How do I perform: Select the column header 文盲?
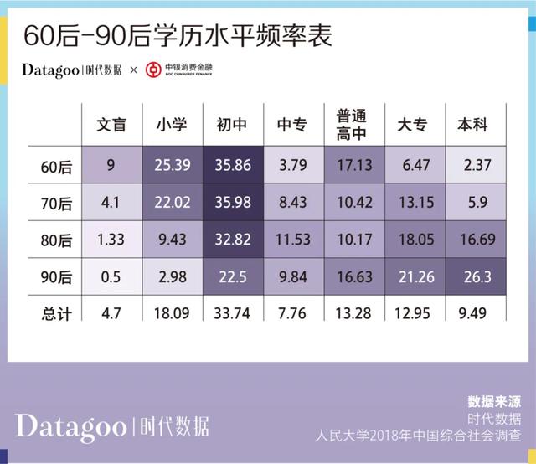click(x=111, y=126)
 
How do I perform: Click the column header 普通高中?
click(x=352, y=125)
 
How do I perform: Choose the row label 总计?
click(x=57, y=313)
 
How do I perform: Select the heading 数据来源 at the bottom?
click(x=493, y=401)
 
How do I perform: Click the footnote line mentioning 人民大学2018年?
click(x=419, y=436)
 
